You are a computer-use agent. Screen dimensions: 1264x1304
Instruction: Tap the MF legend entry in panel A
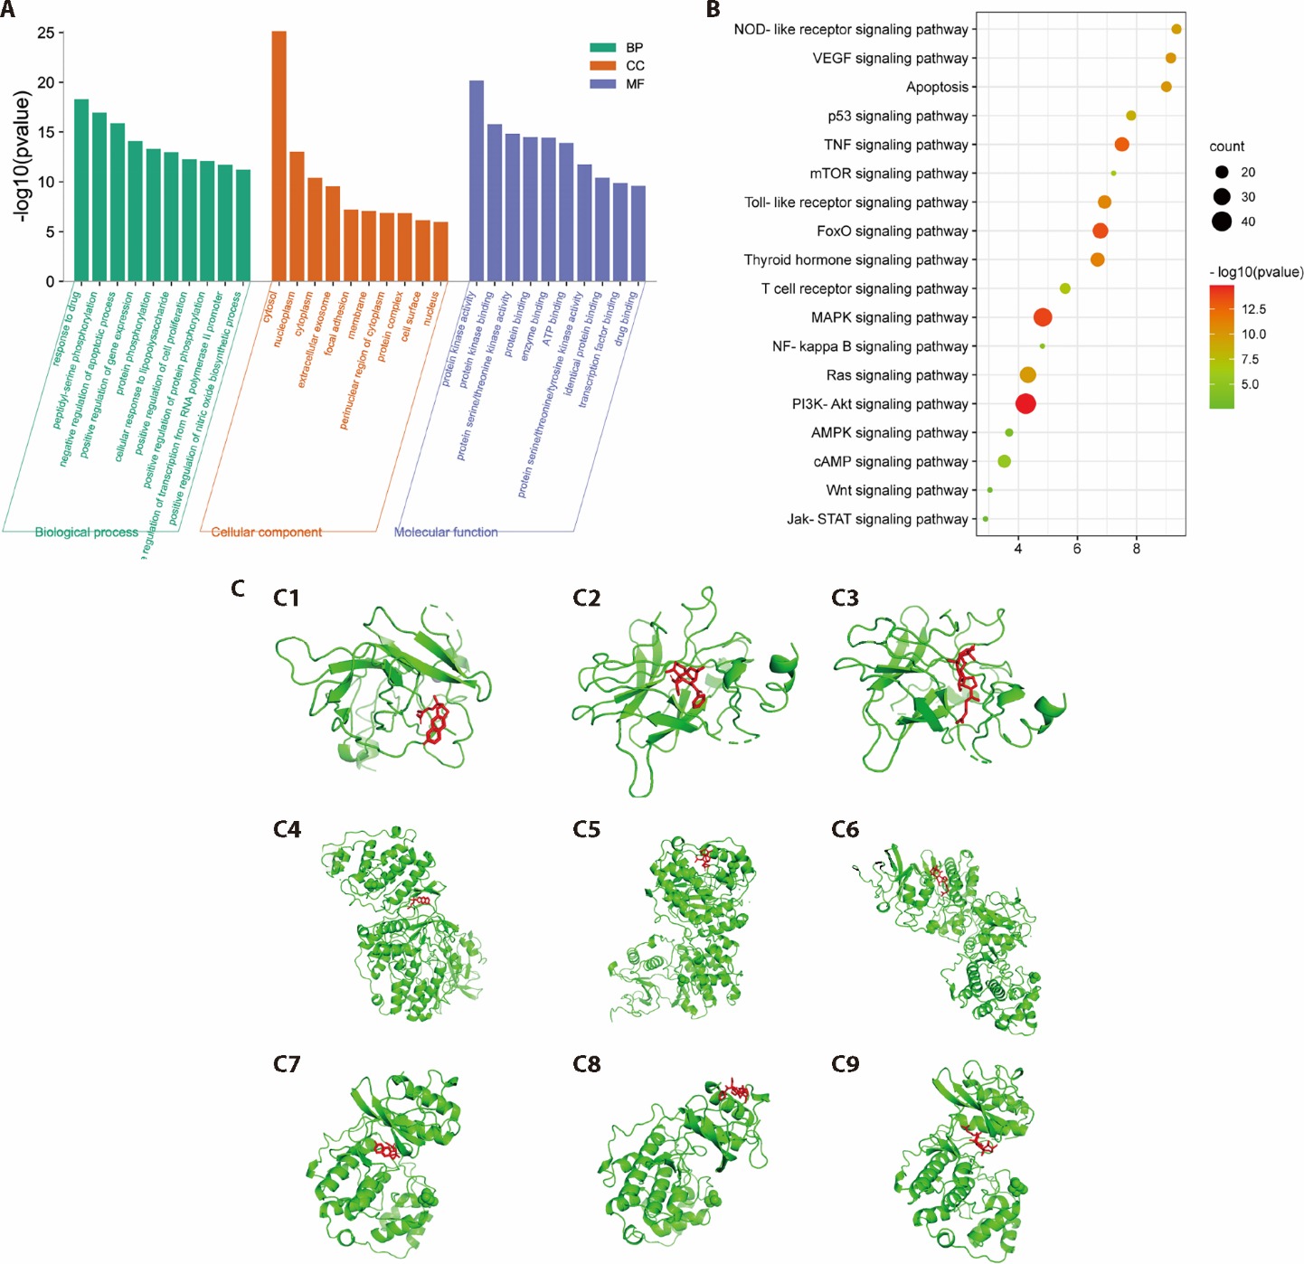click(634, 84)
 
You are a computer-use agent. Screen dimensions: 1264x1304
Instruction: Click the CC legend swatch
click(603, 66)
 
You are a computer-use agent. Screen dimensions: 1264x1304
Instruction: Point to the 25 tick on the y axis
click(45, 33)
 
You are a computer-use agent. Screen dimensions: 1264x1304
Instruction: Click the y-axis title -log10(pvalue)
click(22, 156)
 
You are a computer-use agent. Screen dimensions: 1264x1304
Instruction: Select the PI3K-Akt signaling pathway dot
click(1025, 404)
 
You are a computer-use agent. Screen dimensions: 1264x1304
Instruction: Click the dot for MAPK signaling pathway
click(1043, 317)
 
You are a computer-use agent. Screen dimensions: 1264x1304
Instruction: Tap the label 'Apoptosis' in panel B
click(937, 88)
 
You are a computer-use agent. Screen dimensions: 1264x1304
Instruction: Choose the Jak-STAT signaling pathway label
click(877, 520)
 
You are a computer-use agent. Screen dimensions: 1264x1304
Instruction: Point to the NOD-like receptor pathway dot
click(1176, 30)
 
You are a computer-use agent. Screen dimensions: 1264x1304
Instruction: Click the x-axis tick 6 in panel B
click(1077, 548)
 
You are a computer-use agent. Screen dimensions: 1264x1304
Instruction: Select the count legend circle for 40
click(1222, 222)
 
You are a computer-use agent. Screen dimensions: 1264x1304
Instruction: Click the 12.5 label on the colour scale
click(1253, 309)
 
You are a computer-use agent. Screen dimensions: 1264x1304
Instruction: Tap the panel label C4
click(287, 830)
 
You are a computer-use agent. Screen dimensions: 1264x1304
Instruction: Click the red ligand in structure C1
click(435, 721)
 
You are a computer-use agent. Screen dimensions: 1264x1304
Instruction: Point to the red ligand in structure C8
click(732, 1091)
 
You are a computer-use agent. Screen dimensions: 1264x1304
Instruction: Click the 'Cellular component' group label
click(267, 533)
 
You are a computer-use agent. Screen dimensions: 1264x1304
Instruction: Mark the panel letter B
click(713, 11)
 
